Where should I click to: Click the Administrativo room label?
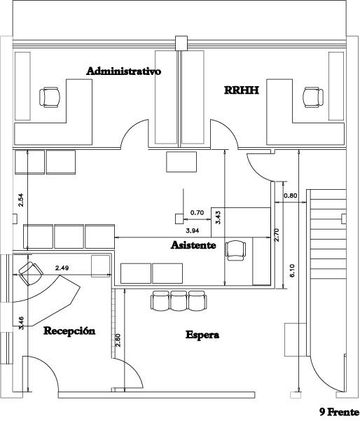pos(124,71)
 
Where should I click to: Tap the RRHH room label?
pos(242,90)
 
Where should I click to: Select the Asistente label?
pos(193,245)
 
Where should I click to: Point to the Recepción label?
pos(69,331)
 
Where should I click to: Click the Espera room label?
pos(202,335)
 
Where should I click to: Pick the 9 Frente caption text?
pos(339,412)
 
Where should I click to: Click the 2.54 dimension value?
pos(21,200)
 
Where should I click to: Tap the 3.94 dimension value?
pos(193,230)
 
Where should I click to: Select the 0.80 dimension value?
pos(291,195)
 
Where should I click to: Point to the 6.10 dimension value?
pos(292,270)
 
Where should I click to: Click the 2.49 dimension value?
pos(62,268)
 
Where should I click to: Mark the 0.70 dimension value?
pos(197,213)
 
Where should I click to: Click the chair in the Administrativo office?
pos(50,97)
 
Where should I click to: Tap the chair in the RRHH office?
pos(313,97)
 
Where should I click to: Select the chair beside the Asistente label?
pos(235,251)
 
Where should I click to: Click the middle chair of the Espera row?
pos(179,301)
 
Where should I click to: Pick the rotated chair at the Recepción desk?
pos(31,273)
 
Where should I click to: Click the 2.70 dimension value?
pos(277,235)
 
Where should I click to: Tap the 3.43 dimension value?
pos(219,217)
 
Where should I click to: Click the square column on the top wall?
pos(181,43)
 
